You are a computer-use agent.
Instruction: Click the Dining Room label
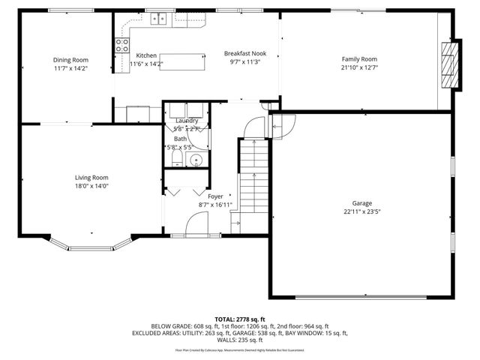(x=70, y=60)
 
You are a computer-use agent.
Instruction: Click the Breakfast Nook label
(x=245, y=53)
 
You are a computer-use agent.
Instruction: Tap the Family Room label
(x=359, y=59)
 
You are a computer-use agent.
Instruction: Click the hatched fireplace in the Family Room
(x=448, y=66)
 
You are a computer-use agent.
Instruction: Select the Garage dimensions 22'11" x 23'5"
(x=362, y=211)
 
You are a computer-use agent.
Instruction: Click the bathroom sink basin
(x=197, y=160)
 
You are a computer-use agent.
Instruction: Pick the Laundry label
(x=187, y=121)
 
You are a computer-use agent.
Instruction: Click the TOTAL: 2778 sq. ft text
(x=240, y=319)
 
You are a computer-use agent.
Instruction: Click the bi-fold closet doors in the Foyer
(x=184, y=190)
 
